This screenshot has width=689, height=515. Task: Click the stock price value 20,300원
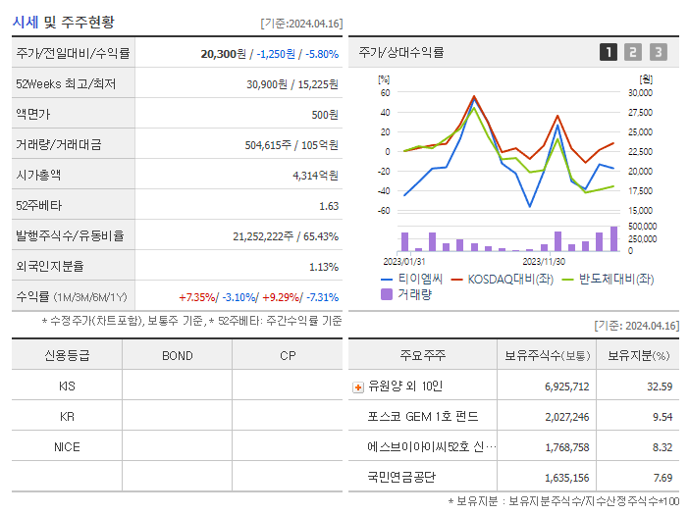tap(223, 54)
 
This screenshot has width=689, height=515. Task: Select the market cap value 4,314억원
tap(315, 176)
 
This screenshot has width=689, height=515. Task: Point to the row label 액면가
tap(33, 115)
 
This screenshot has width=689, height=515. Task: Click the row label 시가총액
tap(38, 176)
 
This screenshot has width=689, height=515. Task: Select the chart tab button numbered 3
tap(658, 52)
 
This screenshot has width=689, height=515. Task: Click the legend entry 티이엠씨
tap(420, 279)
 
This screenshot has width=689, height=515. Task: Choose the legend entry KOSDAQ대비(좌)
tap(511, 279)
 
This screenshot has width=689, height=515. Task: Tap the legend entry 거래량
tap(413, 294)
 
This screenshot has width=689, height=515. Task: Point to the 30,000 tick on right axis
tap(639, 93)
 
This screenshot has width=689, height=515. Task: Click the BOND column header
tap(177, 356)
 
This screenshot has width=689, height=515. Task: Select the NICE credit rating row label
tap(67, 447)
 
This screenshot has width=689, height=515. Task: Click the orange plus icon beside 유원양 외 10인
tap(357, 386)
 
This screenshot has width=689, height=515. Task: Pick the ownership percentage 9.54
tap(662, 417)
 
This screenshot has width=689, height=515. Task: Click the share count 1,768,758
tap(566, 447)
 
